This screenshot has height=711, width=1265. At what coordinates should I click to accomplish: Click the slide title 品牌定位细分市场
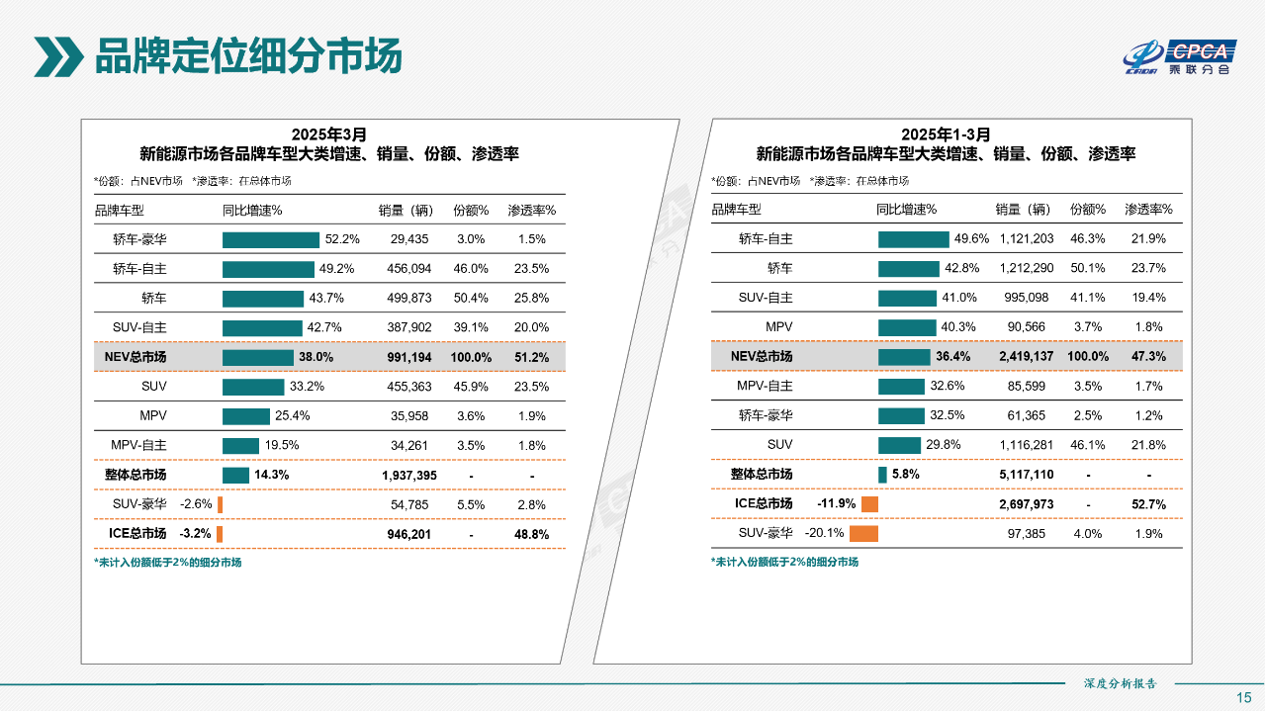pyautogui.click(x=247, y=56)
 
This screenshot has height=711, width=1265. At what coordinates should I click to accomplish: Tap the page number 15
pyautogui.click(x=1244, y=697)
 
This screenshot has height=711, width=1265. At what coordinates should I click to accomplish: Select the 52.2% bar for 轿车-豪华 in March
pyautogui.click(x=271, y=239)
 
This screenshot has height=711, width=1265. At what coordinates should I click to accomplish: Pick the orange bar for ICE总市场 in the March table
pyautogui.click(x=220, y=534)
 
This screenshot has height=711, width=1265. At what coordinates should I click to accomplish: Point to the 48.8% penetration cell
pyautogui.click(x=531, y=534)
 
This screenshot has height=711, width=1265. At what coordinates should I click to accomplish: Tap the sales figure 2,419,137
pyautogui.click(x=1026, y=357)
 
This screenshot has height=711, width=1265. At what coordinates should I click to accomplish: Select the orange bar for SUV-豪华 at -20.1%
pyautogui.click(x=863, y=534)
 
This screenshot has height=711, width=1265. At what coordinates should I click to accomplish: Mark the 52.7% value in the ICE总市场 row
pyautogui.click(x=1148, y=504)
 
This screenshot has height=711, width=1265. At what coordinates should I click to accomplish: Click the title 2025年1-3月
pyautogui.click(x=945, y=134)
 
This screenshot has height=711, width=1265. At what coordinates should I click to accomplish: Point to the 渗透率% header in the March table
pyautogui.click(x=531, y=210)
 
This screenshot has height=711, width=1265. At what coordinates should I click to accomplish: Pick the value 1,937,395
pyautogui.click(x=409, y=476)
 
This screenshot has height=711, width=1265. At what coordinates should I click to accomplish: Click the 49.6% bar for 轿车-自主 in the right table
pyautogui.click(x=913, y=239)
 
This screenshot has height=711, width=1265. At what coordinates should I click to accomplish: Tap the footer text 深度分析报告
pyautogui.click(x=1121, y=683)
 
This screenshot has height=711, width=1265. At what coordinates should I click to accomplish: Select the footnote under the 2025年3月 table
pyautogui.click(x=167, y=562)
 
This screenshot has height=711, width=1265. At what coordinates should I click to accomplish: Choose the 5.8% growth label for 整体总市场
pyautogui.click(x=905, y=475)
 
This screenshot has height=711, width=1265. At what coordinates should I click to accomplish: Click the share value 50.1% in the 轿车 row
pyautogui.click(x=1087, y=268)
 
